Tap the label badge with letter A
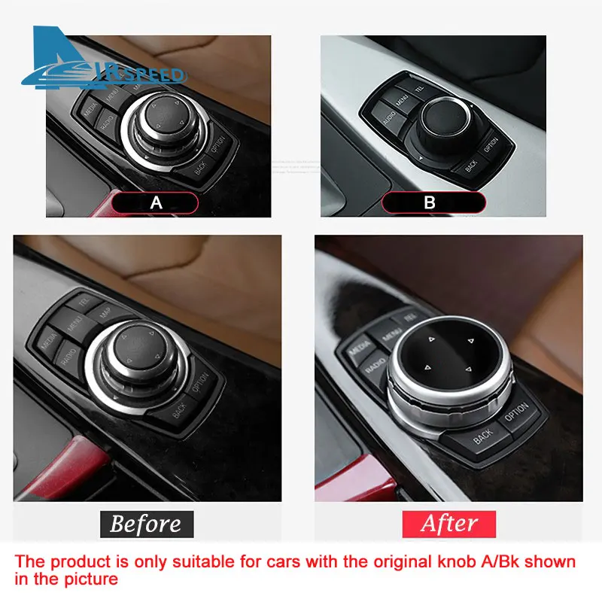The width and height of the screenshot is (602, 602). click(156, 202)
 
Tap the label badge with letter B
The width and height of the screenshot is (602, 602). click(430, 202)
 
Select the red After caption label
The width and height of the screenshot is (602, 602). click(449, 524)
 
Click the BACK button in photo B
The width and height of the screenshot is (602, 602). click(471, 164)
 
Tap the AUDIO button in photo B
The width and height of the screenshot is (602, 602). click(389, 118)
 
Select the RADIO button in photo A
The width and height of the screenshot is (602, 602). click(107, 123)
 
